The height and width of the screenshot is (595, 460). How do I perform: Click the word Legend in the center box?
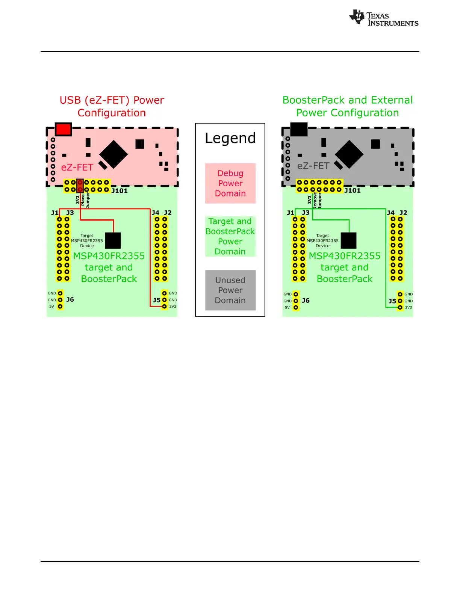pyautogui.click(x=230, y=138)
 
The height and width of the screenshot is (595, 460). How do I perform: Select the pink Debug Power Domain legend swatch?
pyautogui.click(x=230, y=183)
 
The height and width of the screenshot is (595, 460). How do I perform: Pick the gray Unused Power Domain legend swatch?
pyautogui.click(x=230, y=290)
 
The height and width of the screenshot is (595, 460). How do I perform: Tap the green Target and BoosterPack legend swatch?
pyautogui.click(x=230, y=236)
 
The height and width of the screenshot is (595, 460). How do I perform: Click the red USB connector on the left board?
pyautogui.click(x=63, y=129)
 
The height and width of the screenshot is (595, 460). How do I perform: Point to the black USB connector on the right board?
pyautogui.click(x=299, y=129)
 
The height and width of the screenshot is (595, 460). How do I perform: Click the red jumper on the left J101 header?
pyautogui.click(x=80, y=186)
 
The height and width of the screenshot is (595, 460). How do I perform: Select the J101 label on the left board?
pyautogui.click(x=120, y=191)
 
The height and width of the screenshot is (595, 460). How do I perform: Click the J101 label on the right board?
pyautogui.click(x=353, y=190)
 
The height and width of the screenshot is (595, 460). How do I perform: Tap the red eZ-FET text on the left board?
pyautogui.click(x=77, y=168)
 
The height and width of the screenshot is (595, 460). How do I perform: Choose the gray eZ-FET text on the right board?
pyautogui.click(x=313, y=166)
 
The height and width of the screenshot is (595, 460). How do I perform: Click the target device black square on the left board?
pyautogui.click(x=113, y=240)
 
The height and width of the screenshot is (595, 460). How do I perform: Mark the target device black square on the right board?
pyautogui.click(x=348, y=240)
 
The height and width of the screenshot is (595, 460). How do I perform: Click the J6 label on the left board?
pyautogui.click(x=70, y=300)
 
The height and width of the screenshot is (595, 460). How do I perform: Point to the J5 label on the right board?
pyautogui.click(x=392, y=301)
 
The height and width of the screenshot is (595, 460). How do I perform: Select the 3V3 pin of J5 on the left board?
pyautogui.click(x=164, y=307)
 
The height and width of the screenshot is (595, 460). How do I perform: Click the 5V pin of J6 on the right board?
pyautogui.click(x=296, y=308)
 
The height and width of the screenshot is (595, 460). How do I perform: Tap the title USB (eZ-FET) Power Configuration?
pyautogui.click(x=112, y=106)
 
